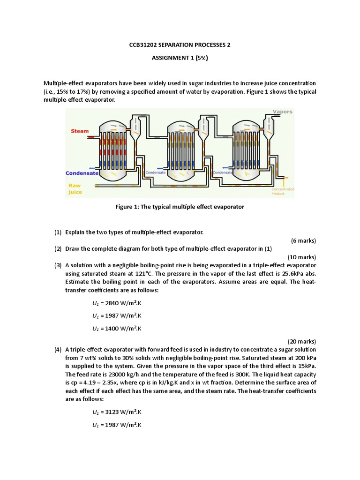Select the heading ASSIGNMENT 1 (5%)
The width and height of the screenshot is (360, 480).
[x=180, y=58]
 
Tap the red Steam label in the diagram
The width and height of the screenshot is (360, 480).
[x=80, y=131]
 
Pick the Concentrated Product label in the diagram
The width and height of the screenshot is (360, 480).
[x=283, y=191]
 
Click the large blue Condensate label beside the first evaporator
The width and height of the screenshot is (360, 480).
[x=82, y=173]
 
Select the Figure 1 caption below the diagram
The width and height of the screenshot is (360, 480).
[x=180, y=207]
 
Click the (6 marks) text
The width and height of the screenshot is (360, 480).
[x=303, y=241]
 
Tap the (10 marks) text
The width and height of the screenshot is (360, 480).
[x=301, y=257]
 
